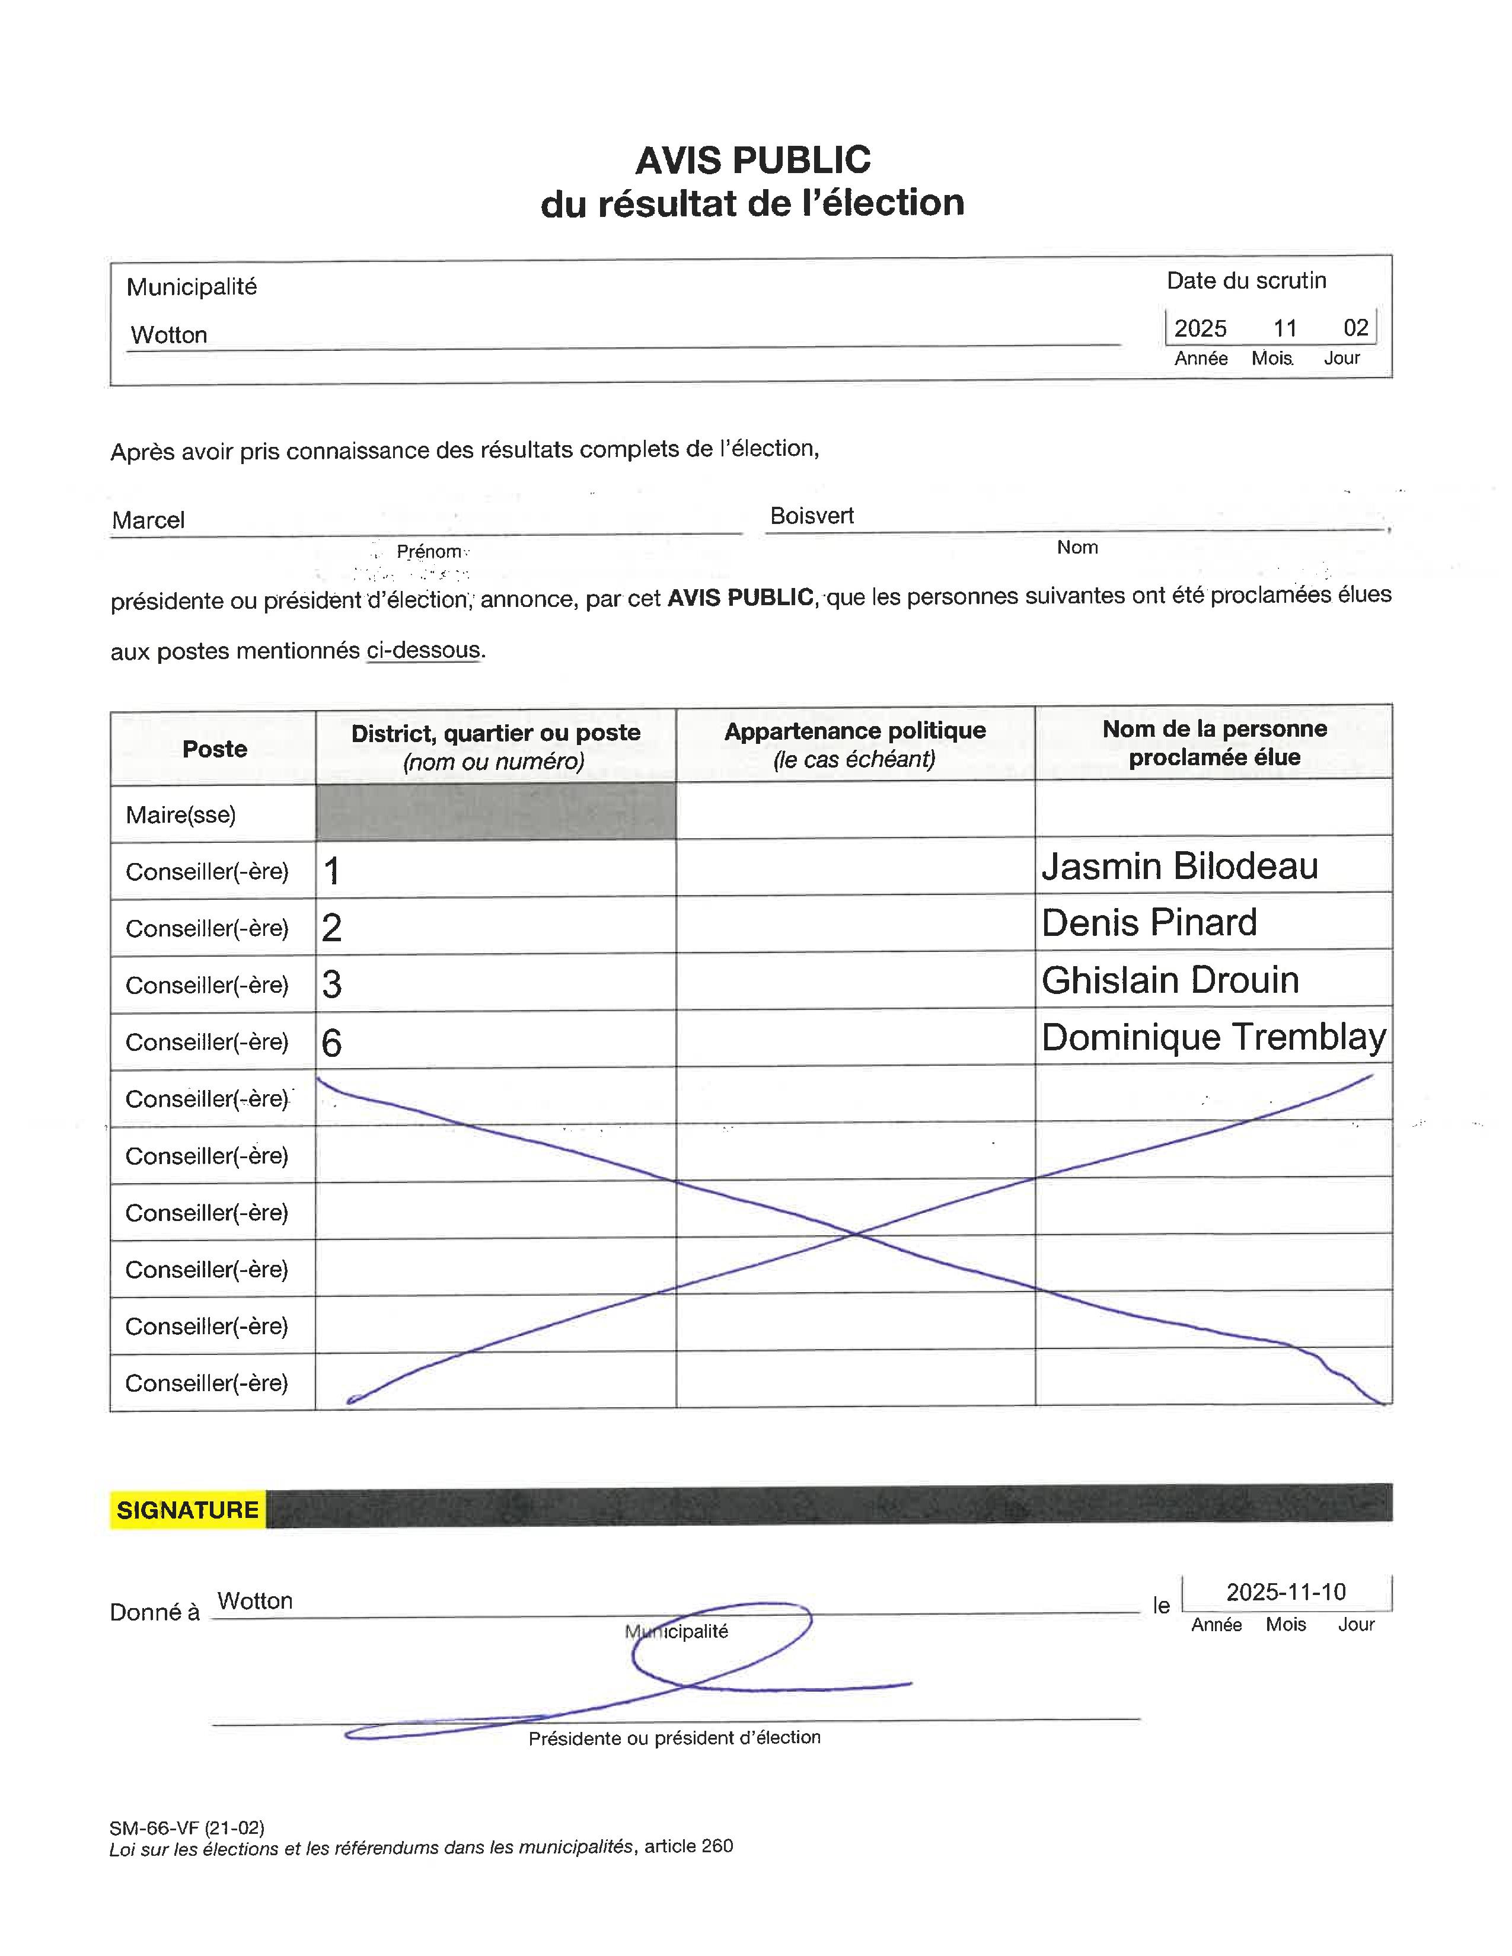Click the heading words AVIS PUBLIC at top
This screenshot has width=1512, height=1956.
(x=752, y=160)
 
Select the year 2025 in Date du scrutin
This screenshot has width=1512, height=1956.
(x=1200, y=328)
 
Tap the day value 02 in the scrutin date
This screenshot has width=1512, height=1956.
(x=1355, y=328)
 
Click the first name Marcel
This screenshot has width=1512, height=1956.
(x=149, y=520)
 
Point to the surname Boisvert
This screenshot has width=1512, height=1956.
(x=812, y=516)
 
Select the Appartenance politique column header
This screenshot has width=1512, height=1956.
(x=854, y=743)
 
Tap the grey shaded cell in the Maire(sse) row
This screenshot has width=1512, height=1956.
(x=495, y=811)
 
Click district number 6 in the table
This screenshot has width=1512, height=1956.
(x=331, y=1043)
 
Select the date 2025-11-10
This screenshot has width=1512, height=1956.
(x=1285, y=1591)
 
